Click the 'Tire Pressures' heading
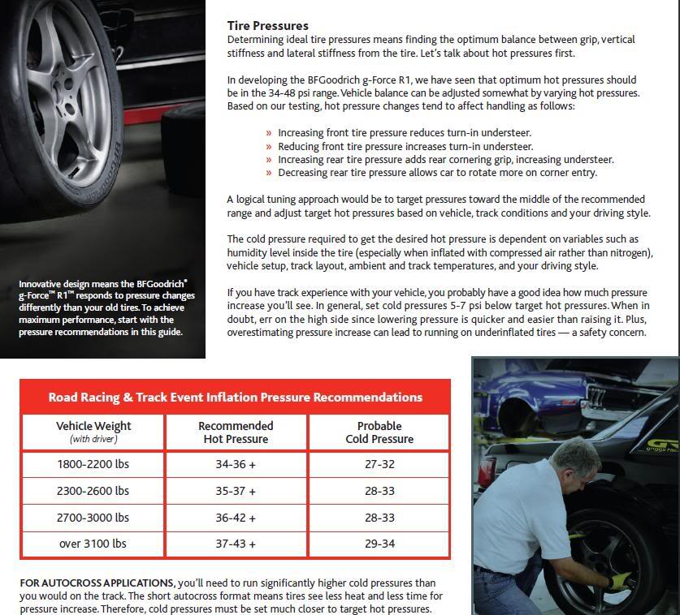pos(267,26)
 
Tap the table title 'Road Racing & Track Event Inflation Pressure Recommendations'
pos(235,398)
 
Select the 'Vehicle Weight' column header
pos(93,432)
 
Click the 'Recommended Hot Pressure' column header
pos(236,432)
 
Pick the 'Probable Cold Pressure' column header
pos(379,432)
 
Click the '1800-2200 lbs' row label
pos(93,465)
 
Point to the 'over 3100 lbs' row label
pos(93,544)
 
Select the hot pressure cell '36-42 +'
pos(236,518)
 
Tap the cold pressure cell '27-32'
pos(379,465)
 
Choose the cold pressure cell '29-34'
pos(379,544)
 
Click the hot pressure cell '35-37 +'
pos(236,491)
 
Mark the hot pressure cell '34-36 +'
pos(236,465)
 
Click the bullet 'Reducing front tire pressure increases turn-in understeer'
pos(405,146)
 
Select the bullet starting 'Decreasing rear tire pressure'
pos(437,172)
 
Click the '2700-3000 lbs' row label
pos(93,518)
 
